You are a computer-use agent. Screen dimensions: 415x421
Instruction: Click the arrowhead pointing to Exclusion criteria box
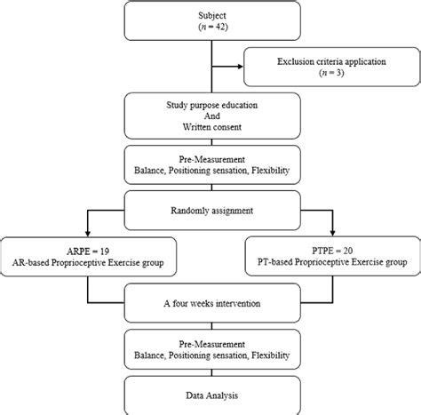click(x=245, y=64)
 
